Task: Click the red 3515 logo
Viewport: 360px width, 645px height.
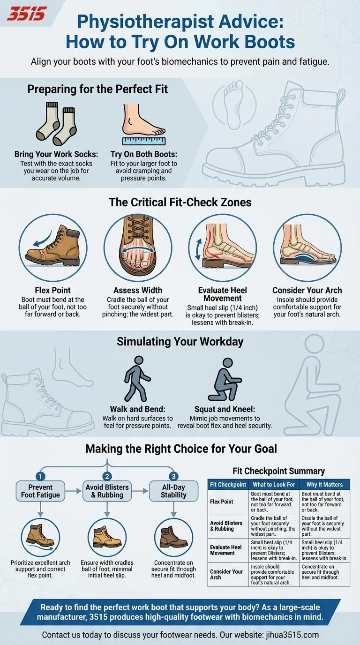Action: pyautogui.click(x=27, y=14)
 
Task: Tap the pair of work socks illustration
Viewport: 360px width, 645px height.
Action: pyautogui.click(x=56, y=124)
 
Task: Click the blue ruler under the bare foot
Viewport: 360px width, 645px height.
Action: pyautogui.click(x=144, y=141)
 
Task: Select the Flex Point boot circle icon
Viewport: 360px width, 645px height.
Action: pyautogui.click(x=53, y=247)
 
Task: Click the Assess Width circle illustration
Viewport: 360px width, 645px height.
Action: pyautogui.click(x=138, y=247)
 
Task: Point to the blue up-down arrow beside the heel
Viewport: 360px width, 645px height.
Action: pyautogui.click(x=198, y=250)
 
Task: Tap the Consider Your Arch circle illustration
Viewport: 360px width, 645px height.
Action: pyautogui.click(x=307, y=247)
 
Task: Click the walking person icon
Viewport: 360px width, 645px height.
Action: pyautogui.click(x=137, y=379)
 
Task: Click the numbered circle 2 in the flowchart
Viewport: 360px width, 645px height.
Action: pyautogui.click(x=107, y=476)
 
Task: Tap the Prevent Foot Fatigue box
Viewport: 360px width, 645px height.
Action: pyautogui.click(x=40, y=491)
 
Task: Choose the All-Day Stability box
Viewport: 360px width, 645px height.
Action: pyautogui.click(x=173, y=491)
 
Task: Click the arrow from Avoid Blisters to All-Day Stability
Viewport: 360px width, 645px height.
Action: pyautogui.click(x=140, y=491)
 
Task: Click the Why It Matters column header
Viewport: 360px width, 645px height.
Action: pyautogui.click(x=324, y=485)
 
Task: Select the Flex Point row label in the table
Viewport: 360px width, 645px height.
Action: pyautogui.click(x=221, y=502)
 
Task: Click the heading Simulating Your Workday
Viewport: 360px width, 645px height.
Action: pyautogui.click(x=180, y=342)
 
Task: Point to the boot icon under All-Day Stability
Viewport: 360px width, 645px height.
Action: pyautogui.click(x=173, y=538)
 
